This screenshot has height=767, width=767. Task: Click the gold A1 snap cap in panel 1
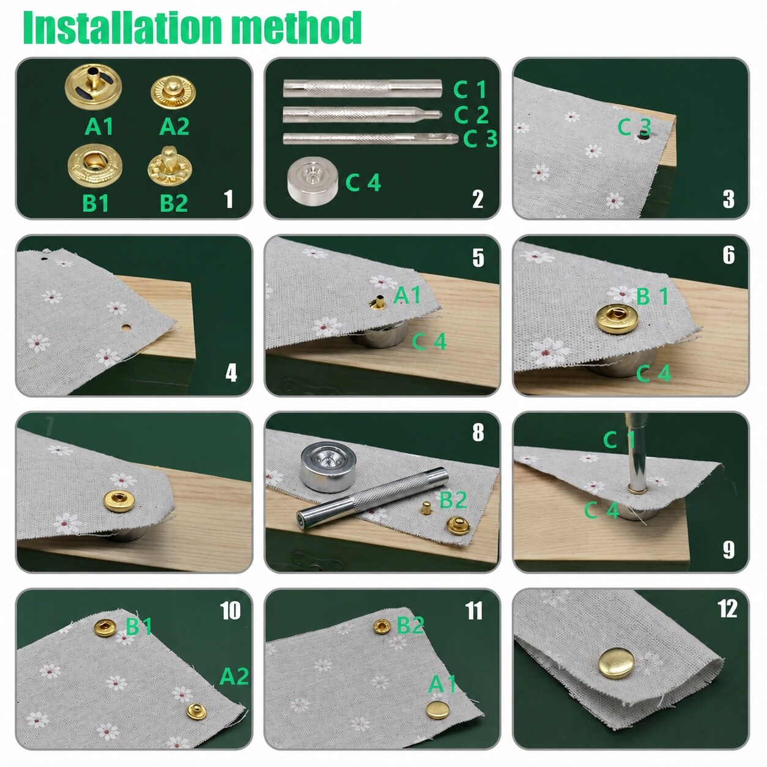93,87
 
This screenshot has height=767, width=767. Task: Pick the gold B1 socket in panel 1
95,166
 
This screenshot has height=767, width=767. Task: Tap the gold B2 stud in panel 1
169,167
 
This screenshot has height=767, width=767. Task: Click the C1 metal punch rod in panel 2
362,88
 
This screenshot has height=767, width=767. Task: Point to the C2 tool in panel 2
362,114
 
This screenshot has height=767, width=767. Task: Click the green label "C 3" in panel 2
480,138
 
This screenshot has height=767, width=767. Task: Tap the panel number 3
728,199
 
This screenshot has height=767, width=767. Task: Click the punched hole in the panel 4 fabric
127,328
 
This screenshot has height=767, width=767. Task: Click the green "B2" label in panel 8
453,500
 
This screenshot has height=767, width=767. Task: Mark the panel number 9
728,550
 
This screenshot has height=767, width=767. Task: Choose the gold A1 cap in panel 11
438,710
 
